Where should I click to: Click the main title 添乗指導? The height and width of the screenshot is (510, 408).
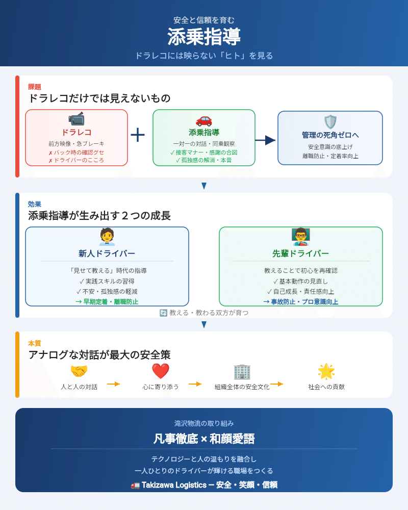pyautogui.click(x=204, y=37)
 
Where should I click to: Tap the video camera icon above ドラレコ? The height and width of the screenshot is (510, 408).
pyautogui.click(x=76, y=119)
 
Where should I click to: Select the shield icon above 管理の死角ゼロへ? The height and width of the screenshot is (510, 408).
pyautogui.click(x=330, y=121)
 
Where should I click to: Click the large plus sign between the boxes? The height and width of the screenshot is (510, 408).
pyautogui.click(x=138, y=135)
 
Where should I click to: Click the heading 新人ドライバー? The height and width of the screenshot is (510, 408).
pyautogui.click(x=107, y=253)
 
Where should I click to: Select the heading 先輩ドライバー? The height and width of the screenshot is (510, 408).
pyautogui.click(x=301, y=253)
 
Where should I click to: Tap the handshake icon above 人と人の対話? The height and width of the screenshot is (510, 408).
pyautogui.click(x=79, y=371)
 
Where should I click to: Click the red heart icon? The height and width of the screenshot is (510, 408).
pyautogui.click(x=161, y=371)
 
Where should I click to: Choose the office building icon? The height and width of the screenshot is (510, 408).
pyautogui.click(x=242, y=371)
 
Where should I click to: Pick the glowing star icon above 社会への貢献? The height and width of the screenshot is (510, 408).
pyautogui.click(x=326, y=371)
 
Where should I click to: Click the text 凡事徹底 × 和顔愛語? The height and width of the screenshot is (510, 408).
pyautogui.click(x=204, y=439)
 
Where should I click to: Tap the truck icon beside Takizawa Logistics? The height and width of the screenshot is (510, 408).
pyautogui.click(x=135, y=485)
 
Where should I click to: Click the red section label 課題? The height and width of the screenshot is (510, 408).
pyautogui.click(x=35, y=87)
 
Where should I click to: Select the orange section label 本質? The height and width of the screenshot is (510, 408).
pyautogui.click(x=35, y=343)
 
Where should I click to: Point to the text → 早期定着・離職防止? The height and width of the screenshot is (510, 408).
pyautogui.click(x=107, y=301)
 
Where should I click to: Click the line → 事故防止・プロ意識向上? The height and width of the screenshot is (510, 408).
pyautogui.click(x=301, y=301)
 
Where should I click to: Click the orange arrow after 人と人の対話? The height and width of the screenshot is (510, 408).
pyautogui.click(x=113, y=384)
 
